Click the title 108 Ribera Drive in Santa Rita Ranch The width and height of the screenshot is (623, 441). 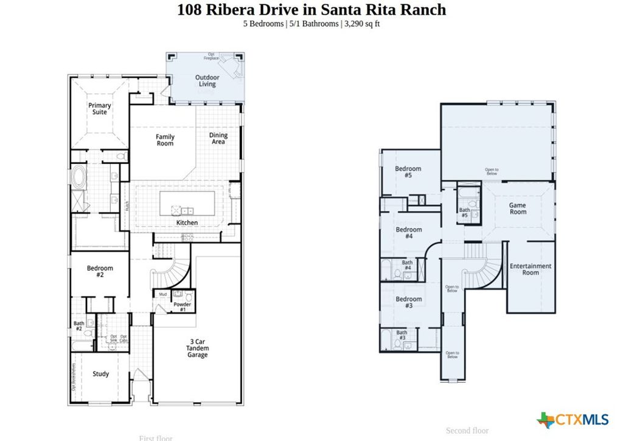(x=311, y=10)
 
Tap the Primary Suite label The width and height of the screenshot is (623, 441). (x=100, y=109)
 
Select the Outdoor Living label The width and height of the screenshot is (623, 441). (x=207, y=81)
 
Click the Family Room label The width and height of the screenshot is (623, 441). (x=165, y=140)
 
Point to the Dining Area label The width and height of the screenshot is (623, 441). (x=218, y=139)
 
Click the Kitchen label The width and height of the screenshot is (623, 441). (x=187, y=223)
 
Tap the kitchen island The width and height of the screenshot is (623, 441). (x=187, y=203)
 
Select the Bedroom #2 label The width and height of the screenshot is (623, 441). (x=100, y=272)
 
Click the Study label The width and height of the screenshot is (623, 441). (x=101, y=374)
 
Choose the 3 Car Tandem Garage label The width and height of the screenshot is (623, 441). (x=197, y=348)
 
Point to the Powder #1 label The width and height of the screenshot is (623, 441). (x=183, y=306)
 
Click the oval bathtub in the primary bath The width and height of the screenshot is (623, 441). (x=80, y=178)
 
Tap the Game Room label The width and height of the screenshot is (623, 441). (x=518, y=209)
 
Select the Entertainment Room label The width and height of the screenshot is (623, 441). (x=531, y=269)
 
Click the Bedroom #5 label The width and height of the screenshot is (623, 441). (x=408, y=172)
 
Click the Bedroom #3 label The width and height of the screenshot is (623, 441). (x=408, y=302)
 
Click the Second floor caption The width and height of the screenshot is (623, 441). (x=467, y=431)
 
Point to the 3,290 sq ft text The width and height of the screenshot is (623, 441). (x=360, y=24)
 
